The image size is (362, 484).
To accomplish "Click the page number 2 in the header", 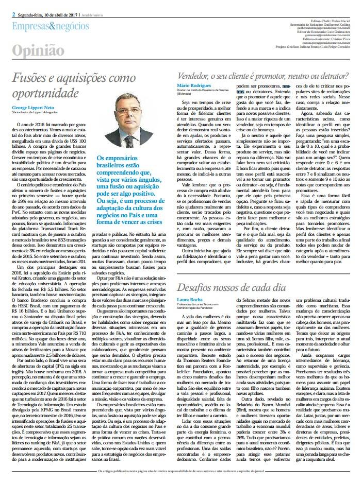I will click(13, 13).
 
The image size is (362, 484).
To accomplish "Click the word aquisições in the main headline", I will click(88, 79).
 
